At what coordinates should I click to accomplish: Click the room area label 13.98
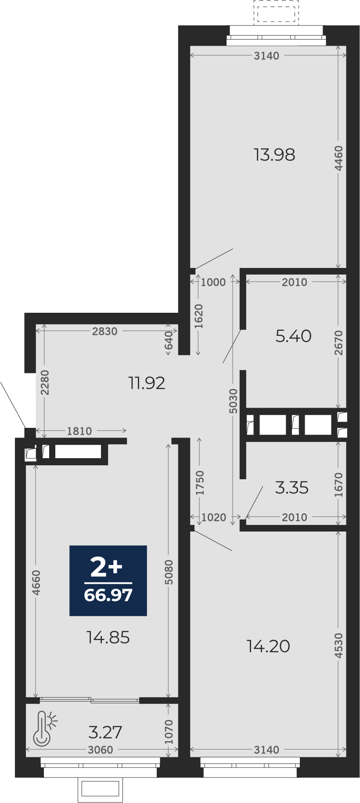274,155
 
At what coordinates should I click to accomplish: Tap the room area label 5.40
293,336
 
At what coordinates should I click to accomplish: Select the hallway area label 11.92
147,383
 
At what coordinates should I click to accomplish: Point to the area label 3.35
292,488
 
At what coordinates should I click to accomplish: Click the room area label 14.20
268,646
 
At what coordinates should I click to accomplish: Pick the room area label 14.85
108,637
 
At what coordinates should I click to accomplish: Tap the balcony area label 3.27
105,732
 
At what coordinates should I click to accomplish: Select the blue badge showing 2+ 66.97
108,580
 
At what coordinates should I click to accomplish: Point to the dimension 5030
233,401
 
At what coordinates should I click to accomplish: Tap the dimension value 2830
104,331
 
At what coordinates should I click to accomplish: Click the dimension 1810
79,431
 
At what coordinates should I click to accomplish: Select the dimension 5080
169,572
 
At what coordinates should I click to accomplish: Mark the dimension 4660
36,582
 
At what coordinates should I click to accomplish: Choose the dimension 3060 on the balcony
100,750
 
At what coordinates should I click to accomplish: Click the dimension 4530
338,645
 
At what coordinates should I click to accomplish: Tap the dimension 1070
169,732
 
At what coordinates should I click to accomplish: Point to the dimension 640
169,340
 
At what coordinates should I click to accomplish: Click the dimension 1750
200,483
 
